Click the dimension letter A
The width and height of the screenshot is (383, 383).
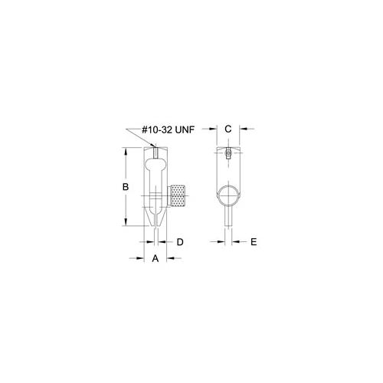coord(155,258)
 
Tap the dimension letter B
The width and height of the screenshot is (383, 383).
coord(126,187)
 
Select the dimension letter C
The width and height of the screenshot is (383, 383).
coord(228,129)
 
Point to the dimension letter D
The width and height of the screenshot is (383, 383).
coord(180,242)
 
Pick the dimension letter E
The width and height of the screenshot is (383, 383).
coord(254,242)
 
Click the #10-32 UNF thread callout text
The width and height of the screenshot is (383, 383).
coord(169,130)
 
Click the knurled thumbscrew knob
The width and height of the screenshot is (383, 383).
coord(178,196)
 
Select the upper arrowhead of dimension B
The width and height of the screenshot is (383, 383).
coord(126,152)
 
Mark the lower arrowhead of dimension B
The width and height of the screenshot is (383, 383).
coord(126,221)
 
